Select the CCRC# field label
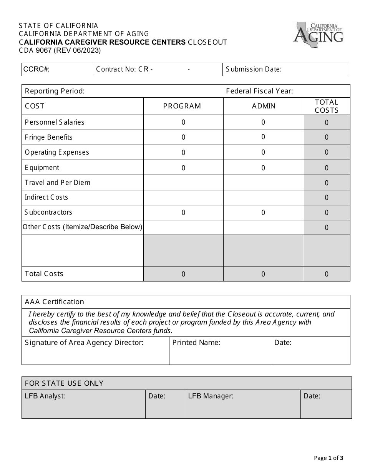pyautogui.click(x=36, y=69)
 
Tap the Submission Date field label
pyautogui.click(x=254, y=69)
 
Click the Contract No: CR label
pyautogui.click(x=124, y=69)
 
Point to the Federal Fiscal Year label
pyautogui.click(x=259, y=91)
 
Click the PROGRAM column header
pyautogui.click(x=182, y=106)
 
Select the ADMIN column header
pyautogui.click(x=264, y=106)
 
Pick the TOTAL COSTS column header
pyautogui.click(x=327, y=106)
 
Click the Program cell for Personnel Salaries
pyautogui.click(x=183, y=122)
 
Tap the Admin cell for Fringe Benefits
pyautogui.click(x=263, y=137)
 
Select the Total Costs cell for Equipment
pyautogui.click(x=327, y=168)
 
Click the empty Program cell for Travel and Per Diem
pyautogui.click(x=183, y=182)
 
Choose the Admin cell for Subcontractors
pyautogui.click(x=263, y=212)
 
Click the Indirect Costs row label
pyautogui.click(x=46, y=197)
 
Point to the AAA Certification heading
pyautogui.click(x=54, y=302)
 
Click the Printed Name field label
pyautogui.click(x=196, y=343)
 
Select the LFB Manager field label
pyautogui.click(x=211, y=396)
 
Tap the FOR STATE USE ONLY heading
pyautogui.click(x=64, y=383)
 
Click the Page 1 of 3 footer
pyautogui.click(x=328, y=458)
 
